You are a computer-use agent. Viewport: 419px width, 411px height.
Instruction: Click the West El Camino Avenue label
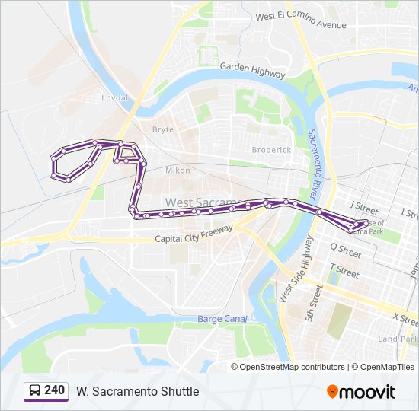pyautogui.click(x=301, y=21)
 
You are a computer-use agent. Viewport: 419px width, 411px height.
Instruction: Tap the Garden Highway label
pyautogui.click(x=252, y=70)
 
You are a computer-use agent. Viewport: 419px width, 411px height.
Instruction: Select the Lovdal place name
pyautogui.click(x=115, y=98)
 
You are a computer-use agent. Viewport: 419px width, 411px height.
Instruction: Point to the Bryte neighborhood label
pyautogui.click(x=163, y=129)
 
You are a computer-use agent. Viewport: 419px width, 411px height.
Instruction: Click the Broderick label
pyautogui.click(x=271, y=150)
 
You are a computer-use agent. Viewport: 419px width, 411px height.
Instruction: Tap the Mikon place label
pyautogui.click(x=178, y=170)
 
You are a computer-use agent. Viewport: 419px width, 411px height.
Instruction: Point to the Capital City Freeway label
pyautogui.click(x=194, y=238)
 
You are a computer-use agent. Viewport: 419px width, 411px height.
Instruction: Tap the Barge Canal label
pyautogui.click(x=222, y=319)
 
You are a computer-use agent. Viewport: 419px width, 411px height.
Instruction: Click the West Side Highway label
pyautogui.click(x=296, y=267)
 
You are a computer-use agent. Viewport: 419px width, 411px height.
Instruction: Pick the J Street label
pyautogui.click(x=363, y=207)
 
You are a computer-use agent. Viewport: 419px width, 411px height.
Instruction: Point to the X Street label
pyautogui.click(x=405, y=317)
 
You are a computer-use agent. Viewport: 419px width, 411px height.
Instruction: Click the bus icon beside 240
pyautogui.click(x=34, y=391)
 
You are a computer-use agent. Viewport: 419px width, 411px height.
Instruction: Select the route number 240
pyautogui.click(x=55, y=390)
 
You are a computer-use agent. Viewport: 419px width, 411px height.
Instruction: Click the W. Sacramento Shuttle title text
pyautogui.click(x=137, y=391)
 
